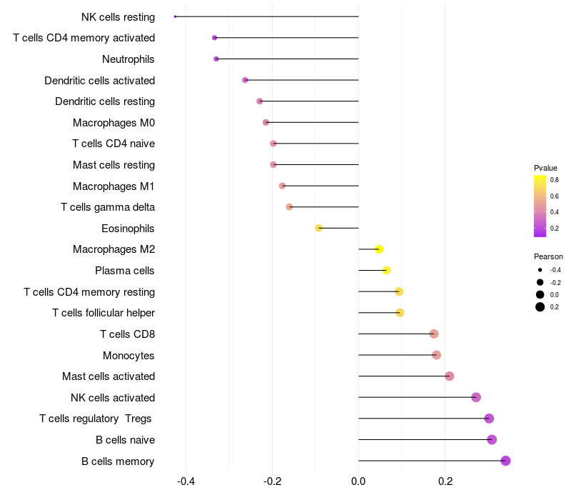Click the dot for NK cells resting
click(175, 16)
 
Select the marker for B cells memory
click(505, 461)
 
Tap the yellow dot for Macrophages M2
click(379, 249)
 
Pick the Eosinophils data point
click(319, 228)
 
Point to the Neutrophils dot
click(216, 59)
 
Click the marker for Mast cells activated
click(449, 376)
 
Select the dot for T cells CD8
click(433, 334)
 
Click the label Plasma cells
click(125, 271)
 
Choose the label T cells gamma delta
click(108, 207)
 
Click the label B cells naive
click(125, 440)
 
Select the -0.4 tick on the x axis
click(186, 481)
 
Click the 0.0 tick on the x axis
click(358, 481)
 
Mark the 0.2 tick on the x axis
click(445, 481)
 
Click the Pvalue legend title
click(545, 168)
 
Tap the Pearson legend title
click(548, 256)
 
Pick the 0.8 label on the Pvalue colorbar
click(555, 180)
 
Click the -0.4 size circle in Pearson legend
click(540, 270)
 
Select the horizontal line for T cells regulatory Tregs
click(421, 419)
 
